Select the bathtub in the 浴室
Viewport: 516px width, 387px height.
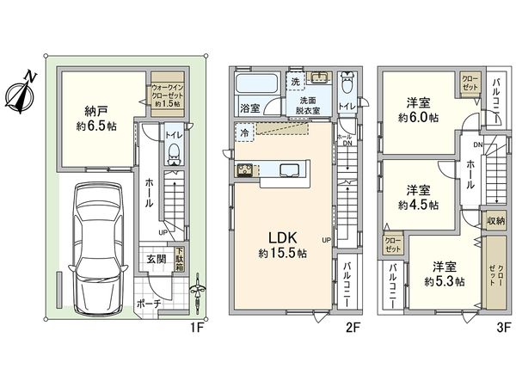pos(255,87)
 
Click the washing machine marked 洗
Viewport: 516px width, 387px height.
pos(295,81)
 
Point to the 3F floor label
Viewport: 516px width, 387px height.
pos(501,328)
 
